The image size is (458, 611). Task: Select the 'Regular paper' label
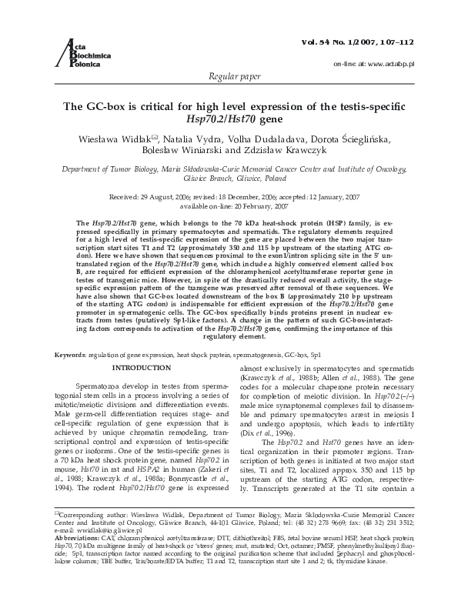229,78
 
